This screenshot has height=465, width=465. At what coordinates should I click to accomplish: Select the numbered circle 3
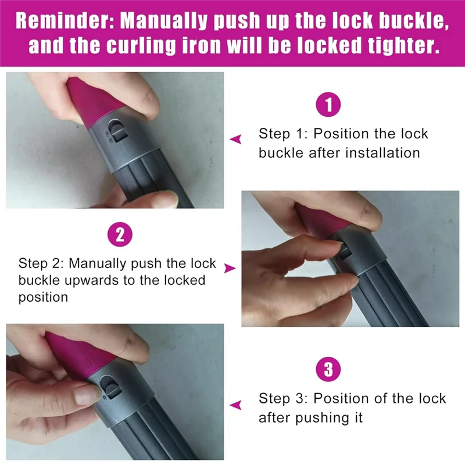point(328,370)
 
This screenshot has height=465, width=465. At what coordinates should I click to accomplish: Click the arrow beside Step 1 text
point(235,139)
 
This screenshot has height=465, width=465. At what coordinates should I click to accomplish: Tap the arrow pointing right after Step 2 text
point(230,268)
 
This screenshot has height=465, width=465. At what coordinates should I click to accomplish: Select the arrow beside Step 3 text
point(235,405)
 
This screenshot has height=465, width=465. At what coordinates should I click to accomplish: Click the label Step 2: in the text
point(41,263)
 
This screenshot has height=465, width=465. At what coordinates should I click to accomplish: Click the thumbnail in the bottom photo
point(85,395)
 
